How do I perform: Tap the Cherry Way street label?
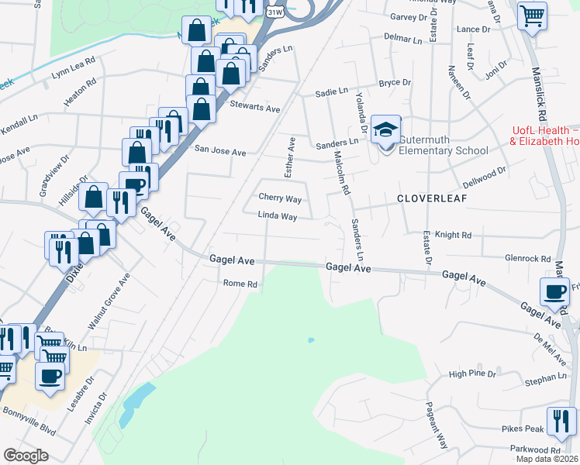click(x=279, y=199)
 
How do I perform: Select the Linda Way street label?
click(x=278, y=217)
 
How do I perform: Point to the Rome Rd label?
click(x=240, y=284)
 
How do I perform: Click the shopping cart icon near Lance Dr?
click(x=532, y=15)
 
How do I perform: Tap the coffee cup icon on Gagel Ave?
click(x=554, y=291)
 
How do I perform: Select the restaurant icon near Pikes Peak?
click(x=561, y=422)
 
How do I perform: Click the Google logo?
click(x=26, y=455)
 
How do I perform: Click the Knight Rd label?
click(x=453, y=235)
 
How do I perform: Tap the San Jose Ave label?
click(x=219, y=152)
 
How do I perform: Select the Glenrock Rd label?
click(x=527, y=259)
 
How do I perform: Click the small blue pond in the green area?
click(x=311, y=339)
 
